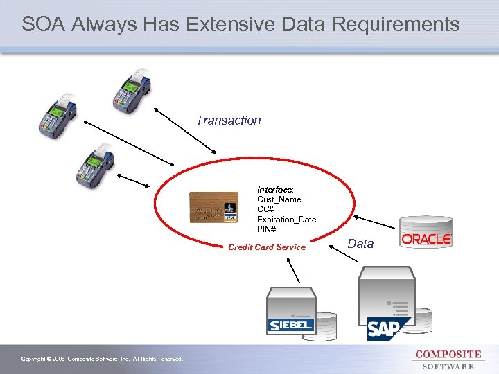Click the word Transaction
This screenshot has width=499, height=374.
click(x=228, y=121)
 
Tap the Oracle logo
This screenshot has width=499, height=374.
click(x=426, y=239)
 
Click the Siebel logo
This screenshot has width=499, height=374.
click(x=290, y=324)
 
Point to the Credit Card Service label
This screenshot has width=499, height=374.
click(x=267, y=247)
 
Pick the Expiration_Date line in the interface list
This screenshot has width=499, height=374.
click(x=286, y=220)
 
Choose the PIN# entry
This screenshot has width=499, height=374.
click(x=267, y=229)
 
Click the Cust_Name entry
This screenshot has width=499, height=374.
click(x=279, y=199)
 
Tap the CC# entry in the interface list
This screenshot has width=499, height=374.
click(x=265, y=209)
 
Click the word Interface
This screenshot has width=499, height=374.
click(x=274, y=189)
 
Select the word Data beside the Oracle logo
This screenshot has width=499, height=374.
click(x=360, y=244)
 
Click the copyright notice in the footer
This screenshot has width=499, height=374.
click(x=102, y=359)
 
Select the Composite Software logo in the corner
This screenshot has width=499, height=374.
click(x=448, y=359)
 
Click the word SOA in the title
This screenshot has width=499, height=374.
click(x=45, y=25)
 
